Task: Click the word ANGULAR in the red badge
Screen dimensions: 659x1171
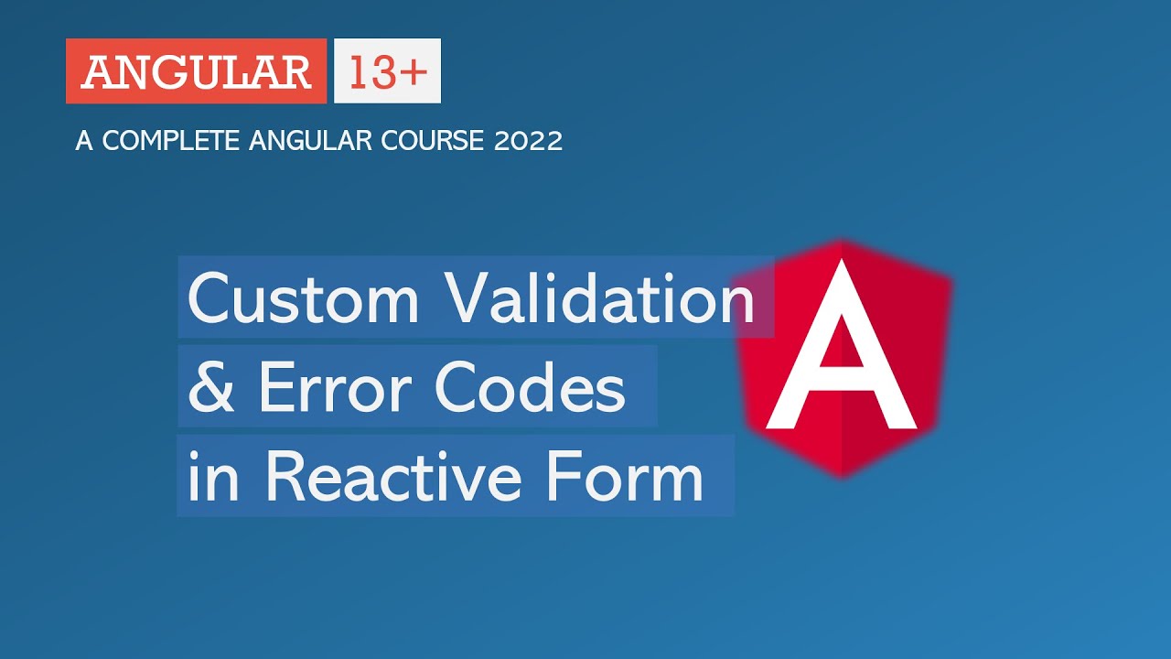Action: [x=196, y=71]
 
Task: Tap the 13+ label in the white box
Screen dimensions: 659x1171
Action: [x=387, y=71]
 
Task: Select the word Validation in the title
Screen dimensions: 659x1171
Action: [x=600, y=298]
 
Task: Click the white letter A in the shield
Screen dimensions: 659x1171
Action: [x=841, y=352]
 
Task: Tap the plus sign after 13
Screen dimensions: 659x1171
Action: [x=413, y=72]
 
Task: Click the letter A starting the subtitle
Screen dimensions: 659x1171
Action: [x=84, y=141]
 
